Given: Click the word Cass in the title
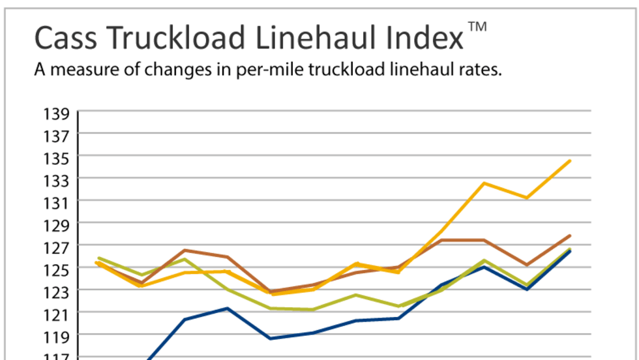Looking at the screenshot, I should click(x=65, y=38).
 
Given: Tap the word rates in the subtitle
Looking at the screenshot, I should click(x=481, y=70).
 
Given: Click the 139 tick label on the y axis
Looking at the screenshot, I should click(x=57, y=114).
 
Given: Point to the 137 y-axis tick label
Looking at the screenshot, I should click(x=57, y=136).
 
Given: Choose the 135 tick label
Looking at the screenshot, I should click(x=57, y=158).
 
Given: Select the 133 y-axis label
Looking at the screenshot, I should click(x=57, y=181).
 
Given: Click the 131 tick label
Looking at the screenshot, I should click(x=57, y=203).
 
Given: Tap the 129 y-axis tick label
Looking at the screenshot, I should click(x=57, y=225).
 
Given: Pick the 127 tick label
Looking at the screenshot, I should click(x=57, y=247).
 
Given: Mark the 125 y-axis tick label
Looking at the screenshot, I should click(x=57, y=269).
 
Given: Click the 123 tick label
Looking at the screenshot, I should click(x=57, y=292).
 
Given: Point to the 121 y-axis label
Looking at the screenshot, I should click(x=57, y=314).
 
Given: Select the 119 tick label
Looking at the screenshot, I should click(x=57, y=336).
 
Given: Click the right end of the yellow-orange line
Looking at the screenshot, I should click(x=570, y=160).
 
